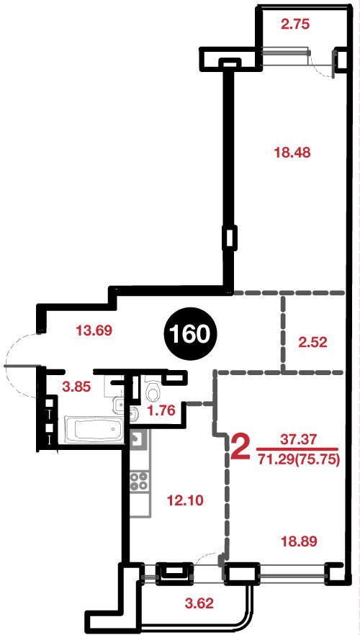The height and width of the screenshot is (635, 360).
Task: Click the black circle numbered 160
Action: click(190, 335)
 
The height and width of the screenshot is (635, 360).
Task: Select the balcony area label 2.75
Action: click(295, 24)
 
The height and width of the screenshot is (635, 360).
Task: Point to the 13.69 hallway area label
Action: click(94, 331)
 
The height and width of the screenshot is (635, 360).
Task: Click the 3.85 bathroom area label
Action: click(76, 387)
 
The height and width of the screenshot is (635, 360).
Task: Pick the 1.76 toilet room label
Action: click(161, 411)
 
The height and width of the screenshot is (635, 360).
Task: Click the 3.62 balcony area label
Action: click(199, 604)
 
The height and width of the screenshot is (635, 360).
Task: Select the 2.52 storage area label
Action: click(312, 343)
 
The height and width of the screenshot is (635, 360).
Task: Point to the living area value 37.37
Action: click(297, 438)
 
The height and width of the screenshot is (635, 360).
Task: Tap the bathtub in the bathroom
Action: click(94, 430)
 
